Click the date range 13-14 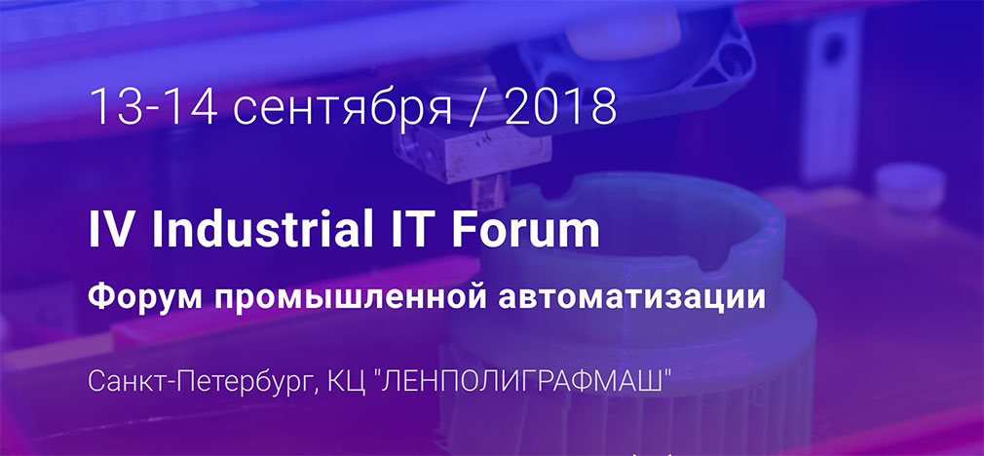[153, 107]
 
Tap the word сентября [343, 109]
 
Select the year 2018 [560, 107]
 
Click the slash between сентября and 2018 [478, 109]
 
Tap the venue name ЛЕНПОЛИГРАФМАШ [522, 379]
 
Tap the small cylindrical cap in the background [910, 186]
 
